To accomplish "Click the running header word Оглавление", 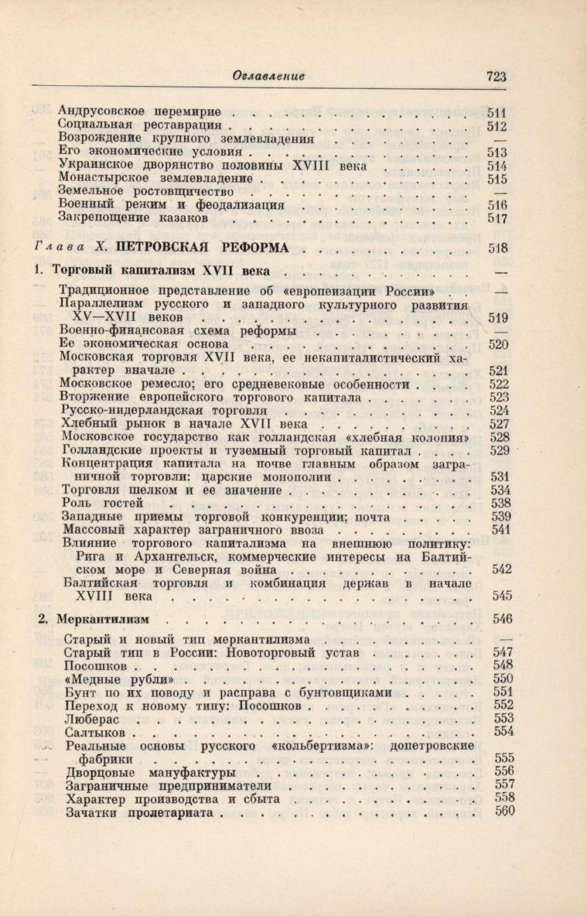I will click(269, 76).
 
